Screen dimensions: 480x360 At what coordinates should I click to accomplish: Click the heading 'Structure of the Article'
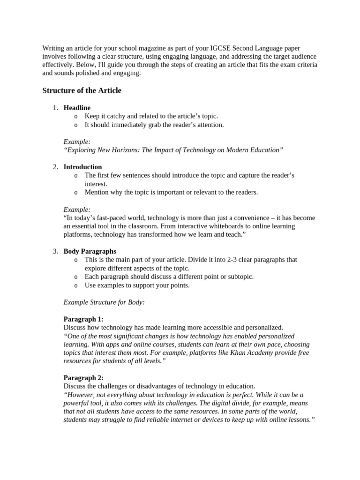coord(82,90)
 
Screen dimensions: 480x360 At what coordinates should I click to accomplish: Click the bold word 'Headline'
coord(77,108)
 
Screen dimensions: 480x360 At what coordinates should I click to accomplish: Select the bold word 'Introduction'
coord(82,167)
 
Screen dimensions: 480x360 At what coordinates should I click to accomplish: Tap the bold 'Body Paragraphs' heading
coord(90,251)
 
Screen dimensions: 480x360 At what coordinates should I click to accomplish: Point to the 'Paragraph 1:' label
coord(83,319)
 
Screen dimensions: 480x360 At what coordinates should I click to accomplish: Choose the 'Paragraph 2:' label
coord(83,378)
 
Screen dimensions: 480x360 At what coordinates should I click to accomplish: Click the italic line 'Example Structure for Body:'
coord(104,302)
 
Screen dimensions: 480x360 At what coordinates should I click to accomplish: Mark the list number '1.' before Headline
coord(55,108)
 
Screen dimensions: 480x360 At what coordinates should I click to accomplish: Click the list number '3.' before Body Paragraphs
coord(55,251)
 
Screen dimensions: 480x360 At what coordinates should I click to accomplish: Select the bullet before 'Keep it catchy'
coord(76,117)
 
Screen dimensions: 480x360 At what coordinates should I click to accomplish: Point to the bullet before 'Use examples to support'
coord(76,285)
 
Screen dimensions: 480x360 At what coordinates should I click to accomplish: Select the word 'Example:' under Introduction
coord(77,209)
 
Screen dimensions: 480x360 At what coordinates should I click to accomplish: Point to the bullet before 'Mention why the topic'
coord(76,192)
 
